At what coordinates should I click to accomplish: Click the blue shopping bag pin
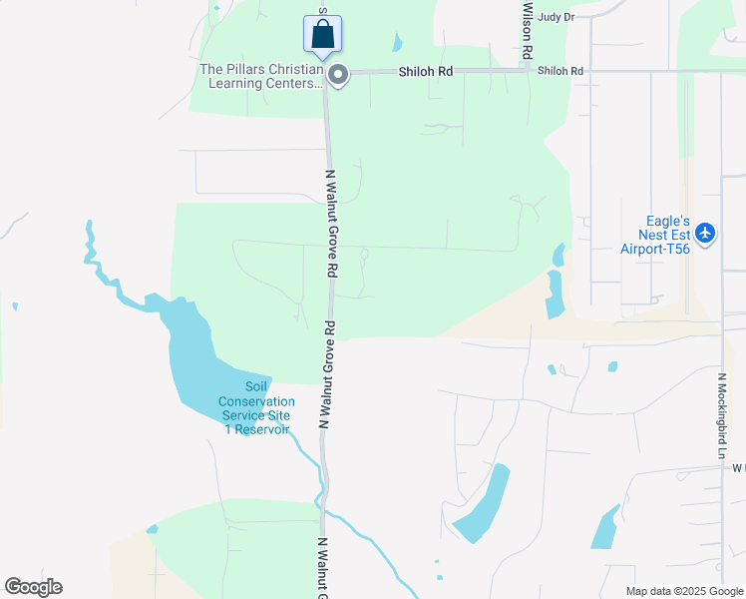322,33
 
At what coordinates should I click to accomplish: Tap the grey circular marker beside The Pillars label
338,75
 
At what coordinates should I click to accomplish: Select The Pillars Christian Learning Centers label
262,76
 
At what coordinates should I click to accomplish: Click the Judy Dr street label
556,17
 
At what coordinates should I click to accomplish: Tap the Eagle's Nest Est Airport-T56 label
655,235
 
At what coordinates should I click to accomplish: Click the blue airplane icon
706,233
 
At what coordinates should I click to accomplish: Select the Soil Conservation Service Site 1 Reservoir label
256,408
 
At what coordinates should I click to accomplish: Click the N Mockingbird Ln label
721,416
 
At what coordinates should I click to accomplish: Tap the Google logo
33,587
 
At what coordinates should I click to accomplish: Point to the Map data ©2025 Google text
683,591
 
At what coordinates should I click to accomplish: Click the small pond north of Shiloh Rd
398,43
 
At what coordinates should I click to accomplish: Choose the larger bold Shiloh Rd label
426,72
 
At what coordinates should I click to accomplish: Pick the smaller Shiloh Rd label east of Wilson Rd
559,71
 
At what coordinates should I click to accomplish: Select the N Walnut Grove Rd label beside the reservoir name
326,374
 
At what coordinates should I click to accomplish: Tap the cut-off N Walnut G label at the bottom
323,569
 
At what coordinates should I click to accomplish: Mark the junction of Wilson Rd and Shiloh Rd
527,70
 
